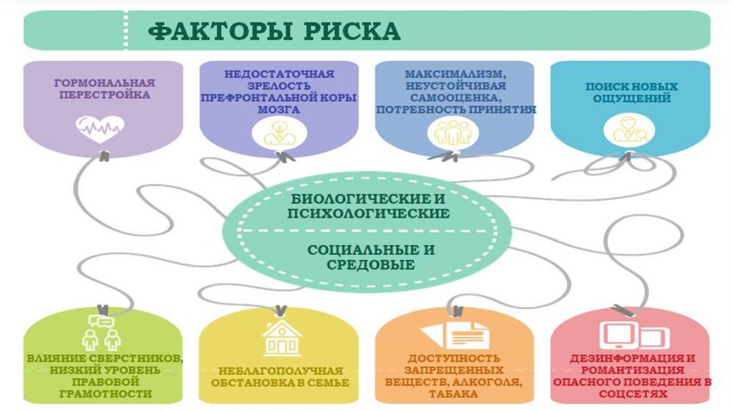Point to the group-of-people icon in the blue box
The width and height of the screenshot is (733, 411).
pos(447,132)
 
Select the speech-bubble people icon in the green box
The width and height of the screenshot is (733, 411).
pos(99,331)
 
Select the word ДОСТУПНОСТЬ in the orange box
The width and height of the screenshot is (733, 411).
pos(455,358)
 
